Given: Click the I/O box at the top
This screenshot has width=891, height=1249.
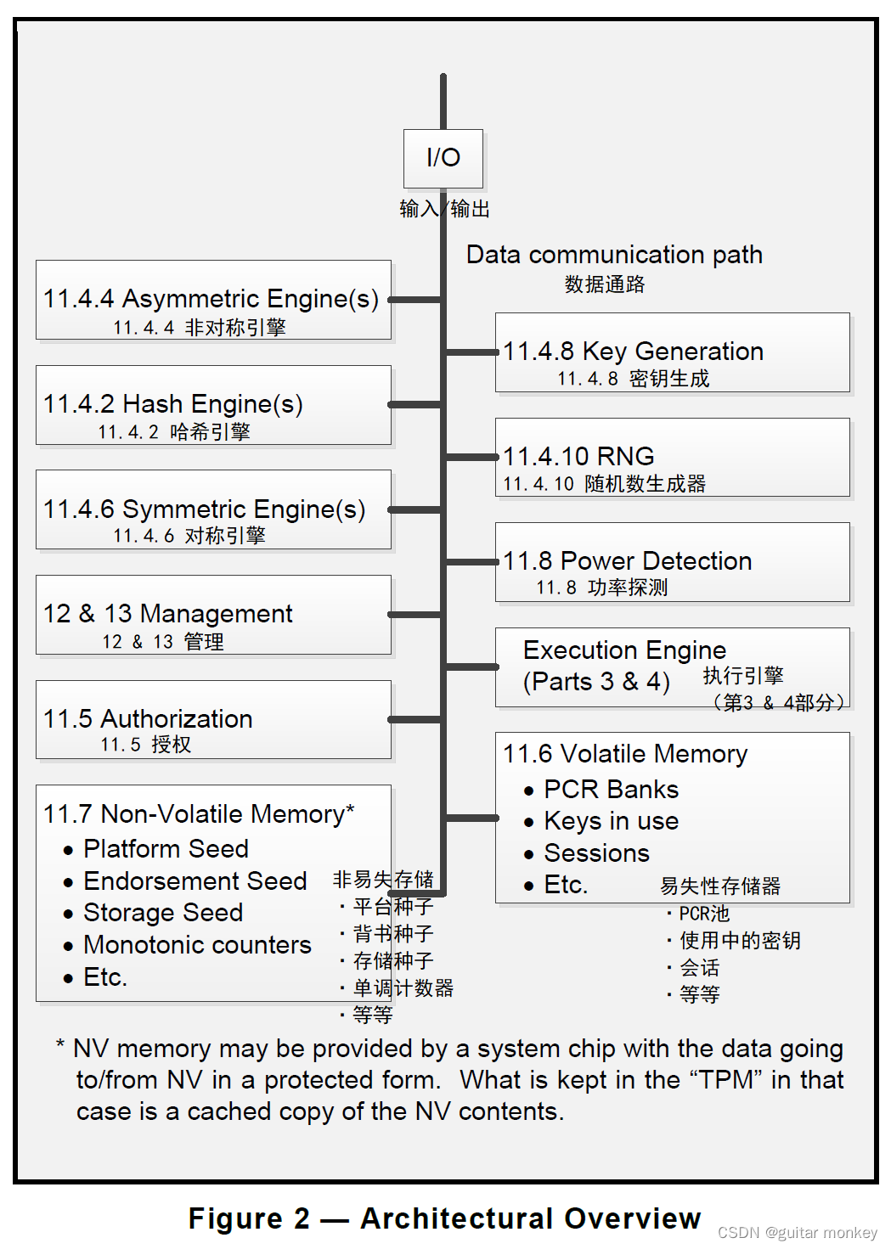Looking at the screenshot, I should click(443, 158).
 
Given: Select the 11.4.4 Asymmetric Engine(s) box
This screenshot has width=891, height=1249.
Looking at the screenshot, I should click(213, 301).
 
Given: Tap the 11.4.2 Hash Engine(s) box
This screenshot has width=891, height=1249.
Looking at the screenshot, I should click(213, 405).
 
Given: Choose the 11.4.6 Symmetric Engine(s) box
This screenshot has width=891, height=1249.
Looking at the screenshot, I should click(213, 509).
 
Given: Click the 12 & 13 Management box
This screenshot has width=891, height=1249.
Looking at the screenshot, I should click(213, 615).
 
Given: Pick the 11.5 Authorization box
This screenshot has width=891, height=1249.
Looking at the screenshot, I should click(213, 719).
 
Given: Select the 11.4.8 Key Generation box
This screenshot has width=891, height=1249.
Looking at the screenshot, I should click(672, 352).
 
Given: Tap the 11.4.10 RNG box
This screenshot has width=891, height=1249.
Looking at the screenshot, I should click(672, 457).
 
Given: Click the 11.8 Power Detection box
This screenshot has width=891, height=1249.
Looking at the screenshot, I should click(672, 562).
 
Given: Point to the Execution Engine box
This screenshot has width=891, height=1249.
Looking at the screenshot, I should click(672, 667).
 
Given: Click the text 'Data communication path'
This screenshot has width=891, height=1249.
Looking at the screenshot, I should click(614, 255).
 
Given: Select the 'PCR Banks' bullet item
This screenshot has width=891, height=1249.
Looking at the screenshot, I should click(611, 790).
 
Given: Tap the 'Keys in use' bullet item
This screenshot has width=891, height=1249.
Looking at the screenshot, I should click(611, 821).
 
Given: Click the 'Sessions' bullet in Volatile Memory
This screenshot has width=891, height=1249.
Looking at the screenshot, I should click(596, 853).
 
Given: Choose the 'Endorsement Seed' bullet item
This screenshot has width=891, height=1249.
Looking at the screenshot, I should click(195, 881).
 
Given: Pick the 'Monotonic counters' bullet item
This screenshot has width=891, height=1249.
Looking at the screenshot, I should click(197, 945).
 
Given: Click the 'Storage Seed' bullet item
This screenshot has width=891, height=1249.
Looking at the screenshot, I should click(163, 913).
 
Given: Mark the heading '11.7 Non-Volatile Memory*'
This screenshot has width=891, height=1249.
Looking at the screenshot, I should click(199, 814).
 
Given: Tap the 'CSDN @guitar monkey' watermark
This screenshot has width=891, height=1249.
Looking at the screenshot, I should click(797, 1233).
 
